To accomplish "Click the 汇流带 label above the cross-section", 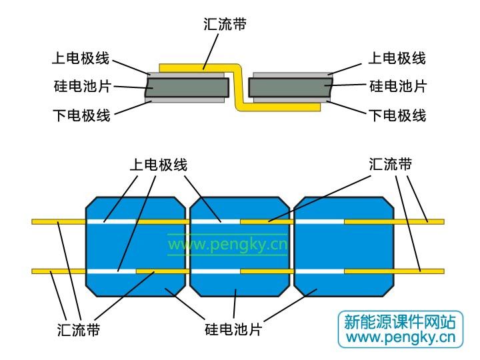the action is (x=225, y=24).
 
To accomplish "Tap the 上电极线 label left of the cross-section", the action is (x=81, y=58).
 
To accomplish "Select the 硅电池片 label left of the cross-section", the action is (x=82, y=86).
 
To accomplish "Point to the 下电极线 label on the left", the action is (x=81, y=115).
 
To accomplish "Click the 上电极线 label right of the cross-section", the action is (x=397, y=58).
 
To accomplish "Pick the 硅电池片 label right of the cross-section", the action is (x=398, y=86).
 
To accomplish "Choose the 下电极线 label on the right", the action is (x=397, y=115).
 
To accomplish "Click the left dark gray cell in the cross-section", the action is (x=187, y=87).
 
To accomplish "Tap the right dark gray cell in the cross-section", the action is (x=291, y=87).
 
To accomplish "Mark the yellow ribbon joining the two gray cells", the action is (x=239, y=87).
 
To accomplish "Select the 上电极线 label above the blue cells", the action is (x=158, y=165).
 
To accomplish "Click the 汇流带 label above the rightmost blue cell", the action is (x=391, y=164).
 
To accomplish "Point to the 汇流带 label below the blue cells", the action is (x=79, y=330).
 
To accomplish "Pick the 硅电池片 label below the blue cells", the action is (x=233, y=329).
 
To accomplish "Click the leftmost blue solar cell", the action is (x=135, y=247).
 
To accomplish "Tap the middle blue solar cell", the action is (x=240, y=247).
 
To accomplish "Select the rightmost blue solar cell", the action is (x=344, y=247).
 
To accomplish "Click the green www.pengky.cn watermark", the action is (x=228, y=245).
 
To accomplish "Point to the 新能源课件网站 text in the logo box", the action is (x=400, y=322).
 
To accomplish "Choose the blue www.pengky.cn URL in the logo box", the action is (x=401, y=337).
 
